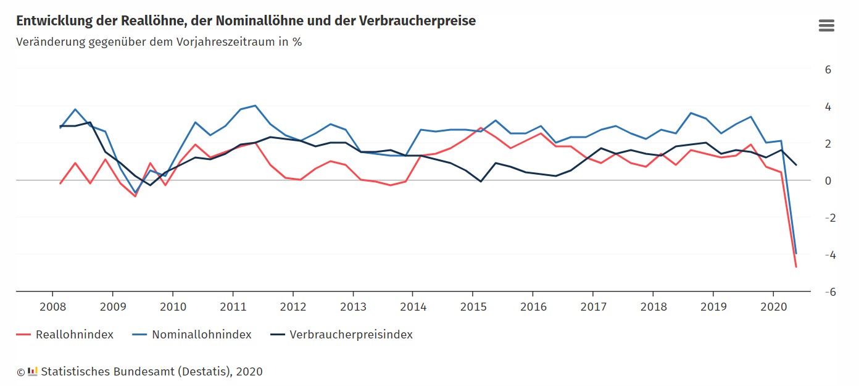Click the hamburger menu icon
click(x=826, y=25)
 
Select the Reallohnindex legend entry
click(x=74, y=335)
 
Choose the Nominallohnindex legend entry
click(x=201, y=335)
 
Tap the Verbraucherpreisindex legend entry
click(x=351, y=335)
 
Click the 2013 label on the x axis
click(x=353, y=307)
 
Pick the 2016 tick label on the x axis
click(x=533, y=307)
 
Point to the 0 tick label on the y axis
click(x=828, y=181)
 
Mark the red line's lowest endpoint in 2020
click(x=796, y=267)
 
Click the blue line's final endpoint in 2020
click(x=796, y=253)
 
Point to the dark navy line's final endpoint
click(x=796, y=165)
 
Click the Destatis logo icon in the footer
click(x=33, y=371)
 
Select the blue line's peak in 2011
click(x=255, y=106)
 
